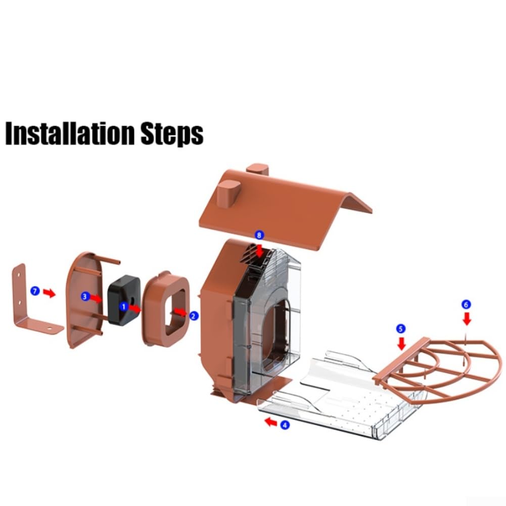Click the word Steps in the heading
tap(172, 134)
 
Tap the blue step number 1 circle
tap(123, 306)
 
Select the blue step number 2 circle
tap(194, 316)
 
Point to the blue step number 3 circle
tap(85, 296)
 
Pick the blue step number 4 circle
tap(284, 425)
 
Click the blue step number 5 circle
tap(400, 329)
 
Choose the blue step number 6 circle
tap(466, 304)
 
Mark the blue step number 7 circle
tap(35, 291)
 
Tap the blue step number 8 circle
tap(259, 235)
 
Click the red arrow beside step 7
tap(50, 293)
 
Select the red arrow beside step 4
tap(270, 422)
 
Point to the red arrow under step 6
tap(467, 319)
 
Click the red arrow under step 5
tap(401, 343)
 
